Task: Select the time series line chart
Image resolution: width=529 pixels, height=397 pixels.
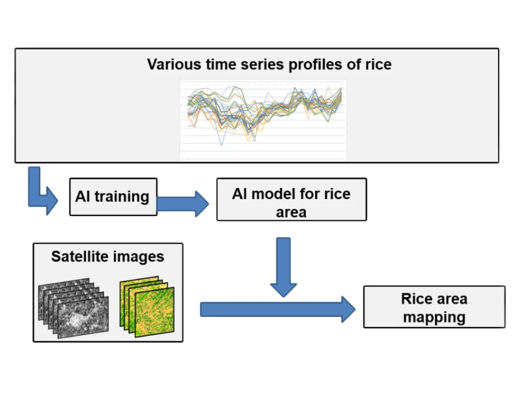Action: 263,119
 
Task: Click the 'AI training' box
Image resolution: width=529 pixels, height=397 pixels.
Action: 113,197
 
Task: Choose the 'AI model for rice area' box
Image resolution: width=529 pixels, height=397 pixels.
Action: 291,200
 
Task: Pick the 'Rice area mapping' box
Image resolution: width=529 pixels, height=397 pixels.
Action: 434,307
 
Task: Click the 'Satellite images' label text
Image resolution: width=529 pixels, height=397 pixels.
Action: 107,256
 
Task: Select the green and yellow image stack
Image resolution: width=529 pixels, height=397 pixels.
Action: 147,307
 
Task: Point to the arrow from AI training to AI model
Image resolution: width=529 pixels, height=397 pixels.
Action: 182,204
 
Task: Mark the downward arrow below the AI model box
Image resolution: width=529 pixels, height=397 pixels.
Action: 284,267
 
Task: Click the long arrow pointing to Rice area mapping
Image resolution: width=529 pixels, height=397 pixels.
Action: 277,309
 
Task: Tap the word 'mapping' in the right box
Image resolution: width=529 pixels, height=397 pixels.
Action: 434,317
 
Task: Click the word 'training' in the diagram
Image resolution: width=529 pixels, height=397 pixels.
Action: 122,196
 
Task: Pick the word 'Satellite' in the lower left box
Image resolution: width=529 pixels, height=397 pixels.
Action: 79,256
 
